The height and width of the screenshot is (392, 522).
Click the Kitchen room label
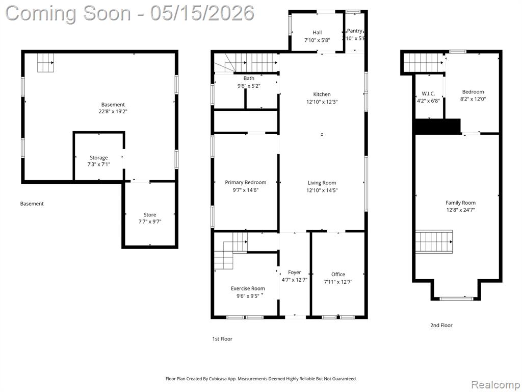coord(322,94)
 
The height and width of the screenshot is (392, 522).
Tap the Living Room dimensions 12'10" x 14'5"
coord(322,190)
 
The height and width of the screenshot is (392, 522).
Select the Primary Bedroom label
coord(245,182)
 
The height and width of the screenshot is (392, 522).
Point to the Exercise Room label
coord(248,288)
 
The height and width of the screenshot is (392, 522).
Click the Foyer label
coord(294,273)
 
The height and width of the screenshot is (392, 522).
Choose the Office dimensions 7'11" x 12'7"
coord(338,282)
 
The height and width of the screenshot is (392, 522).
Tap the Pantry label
coord(355,31)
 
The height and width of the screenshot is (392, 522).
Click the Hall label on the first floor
coord(317,32)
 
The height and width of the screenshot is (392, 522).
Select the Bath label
coord(249,78)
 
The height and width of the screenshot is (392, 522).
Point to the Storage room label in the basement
coord(98,158)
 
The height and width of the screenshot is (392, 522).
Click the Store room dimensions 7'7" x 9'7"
coord(150,222)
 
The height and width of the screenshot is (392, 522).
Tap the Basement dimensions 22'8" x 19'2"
coord(113,111)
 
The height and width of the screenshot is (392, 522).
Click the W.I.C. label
coord(428,94)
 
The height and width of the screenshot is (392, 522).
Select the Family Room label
coord(460,203)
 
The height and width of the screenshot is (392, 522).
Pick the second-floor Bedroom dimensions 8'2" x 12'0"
coord(473,99)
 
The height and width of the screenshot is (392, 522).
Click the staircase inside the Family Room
coord(434,241)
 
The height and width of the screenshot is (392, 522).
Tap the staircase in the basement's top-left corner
coord(45,63)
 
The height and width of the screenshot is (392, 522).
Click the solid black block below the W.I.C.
coord(437,127)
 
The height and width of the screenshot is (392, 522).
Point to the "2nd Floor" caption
coord(441,325)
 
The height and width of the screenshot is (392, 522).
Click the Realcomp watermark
coord(495,384)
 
